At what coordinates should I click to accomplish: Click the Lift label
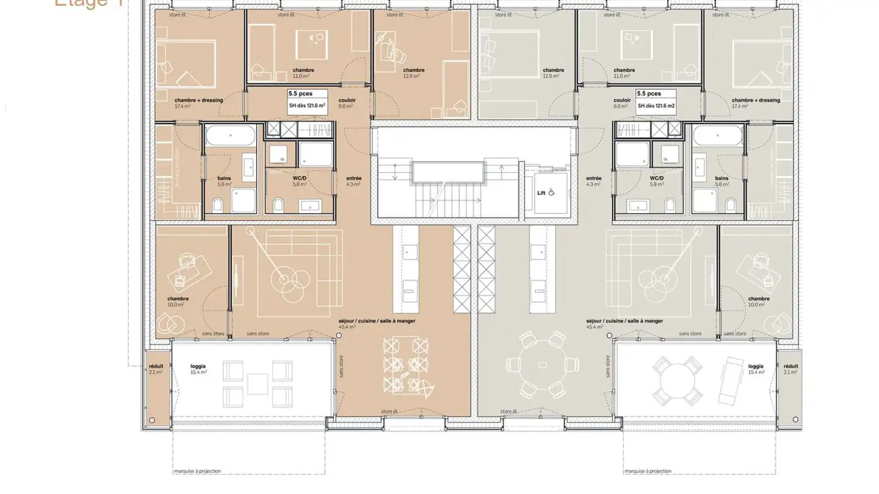(x=541, y=192)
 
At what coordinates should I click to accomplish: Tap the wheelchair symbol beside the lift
(x=551, y=192)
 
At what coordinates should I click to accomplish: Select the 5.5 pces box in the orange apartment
(x=307, y=99)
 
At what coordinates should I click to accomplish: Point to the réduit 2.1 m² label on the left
(x=156, y=369)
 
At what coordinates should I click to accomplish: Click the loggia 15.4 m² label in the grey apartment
(x=756, y=369)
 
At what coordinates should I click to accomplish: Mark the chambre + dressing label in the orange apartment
(x=198, y=102)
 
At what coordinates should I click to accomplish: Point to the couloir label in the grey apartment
(x=622, y=102)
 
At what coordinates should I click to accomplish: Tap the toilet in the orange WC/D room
(x=278, y=203)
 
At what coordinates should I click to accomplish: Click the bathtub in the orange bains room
(x=230, y=136)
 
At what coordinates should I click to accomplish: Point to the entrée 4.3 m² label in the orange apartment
(x=353, y=181)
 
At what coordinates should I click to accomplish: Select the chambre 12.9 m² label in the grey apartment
(x=553, y=73)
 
